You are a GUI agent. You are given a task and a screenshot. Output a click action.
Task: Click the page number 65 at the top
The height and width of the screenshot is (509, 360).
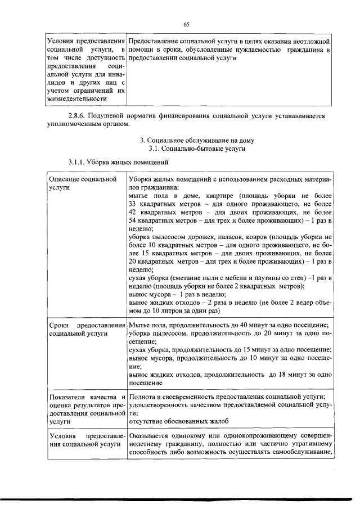tap(187, 24)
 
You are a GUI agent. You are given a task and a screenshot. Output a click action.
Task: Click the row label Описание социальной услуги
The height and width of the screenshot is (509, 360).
tap(84, 183)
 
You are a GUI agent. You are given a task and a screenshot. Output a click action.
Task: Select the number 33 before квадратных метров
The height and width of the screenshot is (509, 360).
tap(133, 204)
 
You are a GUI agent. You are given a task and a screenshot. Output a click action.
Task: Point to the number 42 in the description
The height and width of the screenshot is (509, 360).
tap(133, 212)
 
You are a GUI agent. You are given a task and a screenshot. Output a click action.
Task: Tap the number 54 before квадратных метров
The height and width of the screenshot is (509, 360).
tap(133, 221)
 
